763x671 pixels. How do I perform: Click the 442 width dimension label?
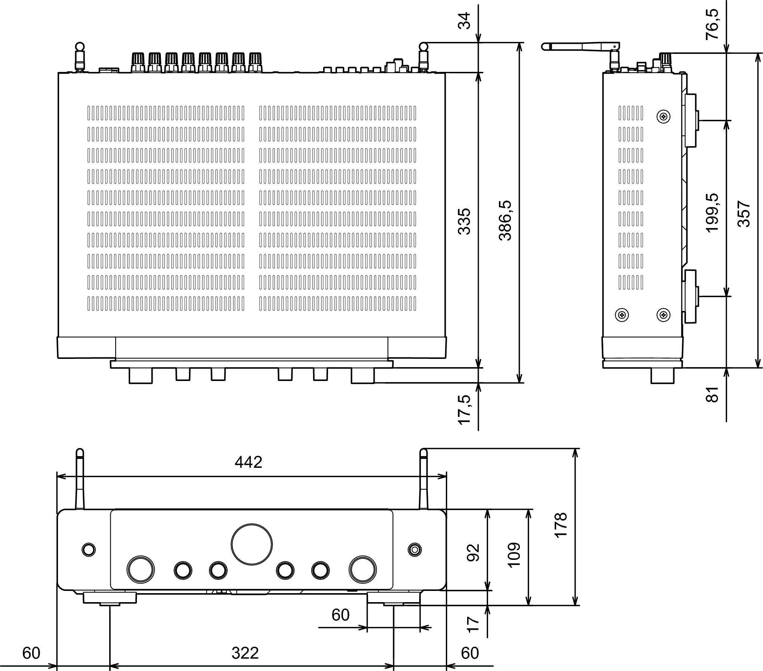248,463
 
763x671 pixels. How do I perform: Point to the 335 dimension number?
464,221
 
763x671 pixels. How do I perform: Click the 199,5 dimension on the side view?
712,213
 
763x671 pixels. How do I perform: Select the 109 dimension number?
514,555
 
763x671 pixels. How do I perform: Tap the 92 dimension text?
473,553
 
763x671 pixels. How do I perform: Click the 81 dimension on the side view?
712,394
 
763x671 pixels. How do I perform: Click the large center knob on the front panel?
252,544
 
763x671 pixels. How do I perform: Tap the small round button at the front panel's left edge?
89,549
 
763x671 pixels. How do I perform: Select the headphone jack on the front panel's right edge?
414,549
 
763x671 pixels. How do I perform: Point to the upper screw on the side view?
664,117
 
